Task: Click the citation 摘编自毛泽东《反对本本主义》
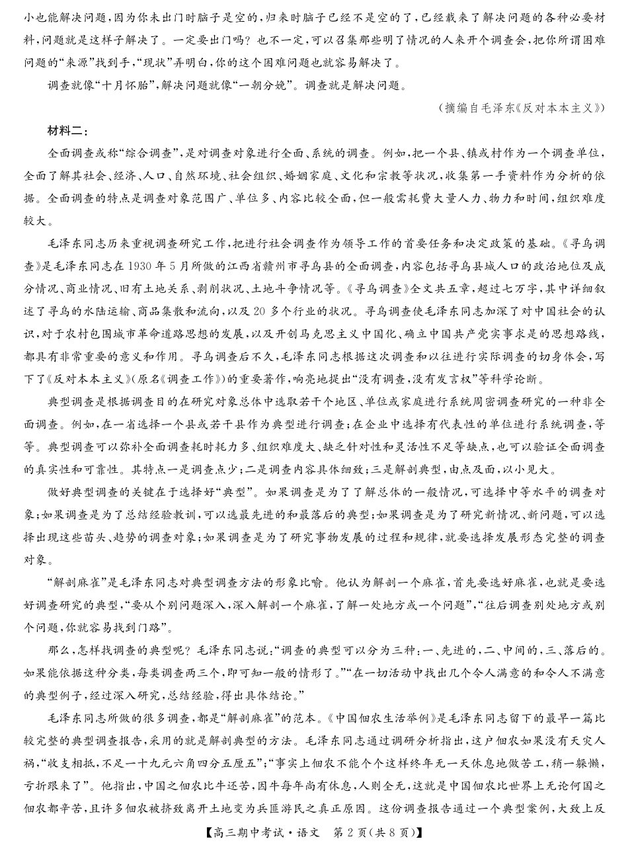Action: [522, 108]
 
